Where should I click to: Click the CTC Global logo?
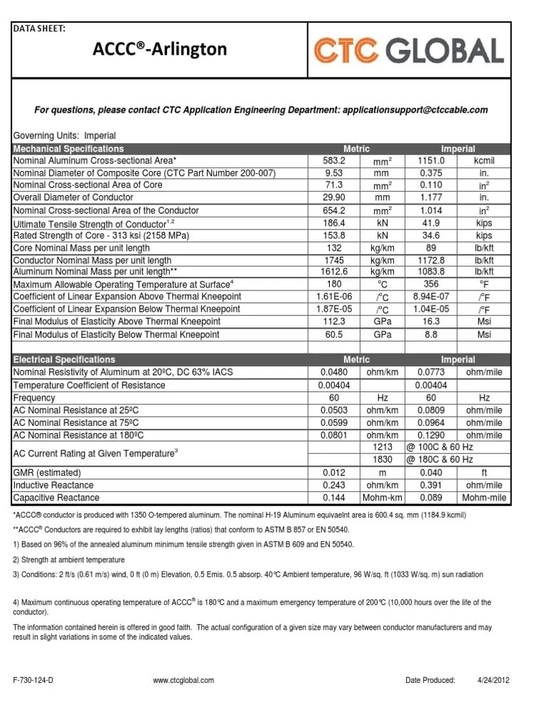coord(409,50)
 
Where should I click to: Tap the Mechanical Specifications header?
coord(69,149)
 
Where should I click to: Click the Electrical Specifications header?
coord(65,360)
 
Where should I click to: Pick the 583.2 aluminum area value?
coord(333,161)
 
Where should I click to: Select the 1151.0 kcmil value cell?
coord(431,161)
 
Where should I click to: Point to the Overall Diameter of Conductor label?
coord(73,197)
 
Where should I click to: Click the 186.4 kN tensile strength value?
coord(333,223)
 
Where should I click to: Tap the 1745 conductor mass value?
coord(333,261)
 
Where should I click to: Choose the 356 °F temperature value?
coord(431,285)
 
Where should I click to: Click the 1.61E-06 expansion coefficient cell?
coord(333,297)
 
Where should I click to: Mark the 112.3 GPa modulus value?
coord(333,321)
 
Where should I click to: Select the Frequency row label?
coord(35,398)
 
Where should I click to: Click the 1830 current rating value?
coord(382,460)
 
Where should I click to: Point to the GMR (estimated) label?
coord(48,472)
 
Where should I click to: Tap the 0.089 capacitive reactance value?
coord(431,498)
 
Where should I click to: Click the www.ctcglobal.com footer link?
coord(183,679)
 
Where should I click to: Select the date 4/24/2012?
coord(493,679)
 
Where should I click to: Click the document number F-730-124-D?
coord(33,679)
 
